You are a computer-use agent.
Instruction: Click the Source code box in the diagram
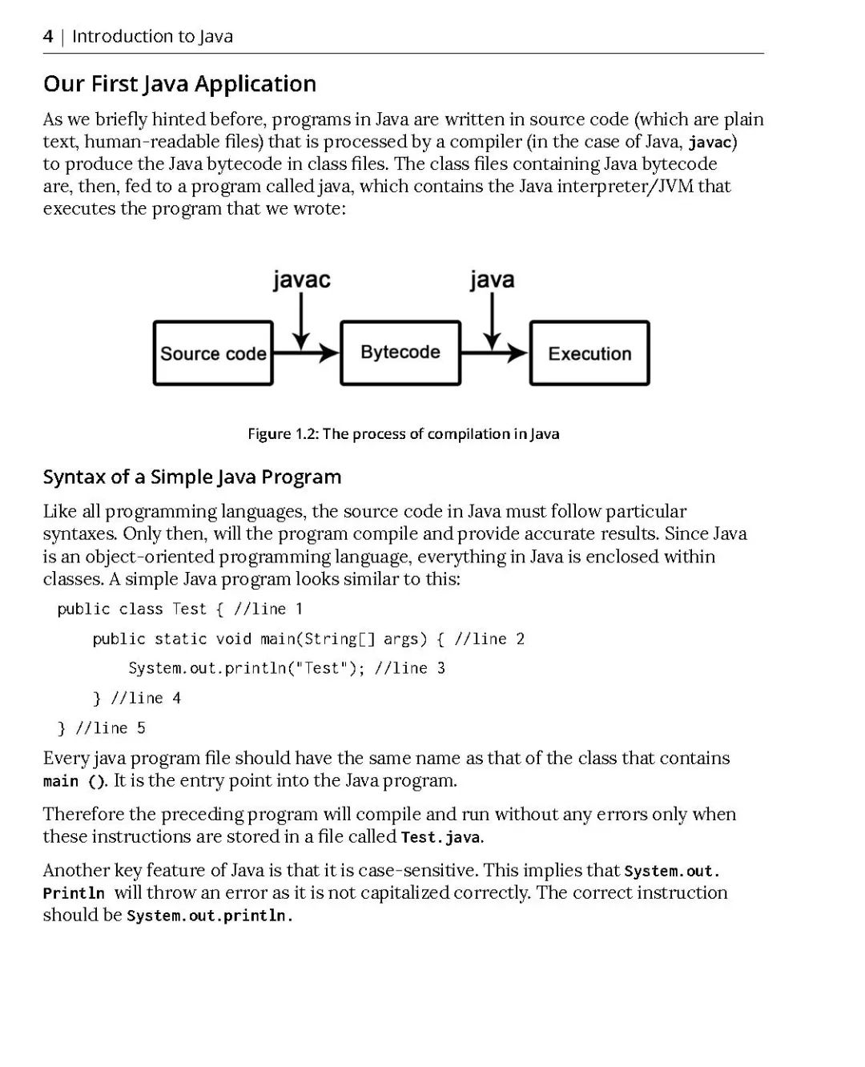[213, 353]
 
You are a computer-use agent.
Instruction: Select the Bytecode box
[400, 352]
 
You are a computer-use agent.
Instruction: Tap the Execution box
[589, 353]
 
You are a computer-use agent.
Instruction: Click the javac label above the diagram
[301, 280]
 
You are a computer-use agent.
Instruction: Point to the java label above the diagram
[492, 280]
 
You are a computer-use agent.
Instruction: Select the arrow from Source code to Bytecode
[307, 352]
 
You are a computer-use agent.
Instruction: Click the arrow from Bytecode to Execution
[495, 352]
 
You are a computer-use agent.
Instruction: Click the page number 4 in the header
[48, 36]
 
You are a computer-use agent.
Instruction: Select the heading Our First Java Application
[179, 83]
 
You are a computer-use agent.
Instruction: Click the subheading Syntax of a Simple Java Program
[191, 477]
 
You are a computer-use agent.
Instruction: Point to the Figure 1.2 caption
[403, 433]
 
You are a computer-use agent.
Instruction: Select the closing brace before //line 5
[62, 728]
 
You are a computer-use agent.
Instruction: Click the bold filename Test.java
[441, 837]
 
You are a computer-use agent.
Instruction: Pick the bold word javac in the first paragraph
[710, 143]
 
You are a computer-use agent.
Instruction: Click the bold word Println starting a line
[74, 893]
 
